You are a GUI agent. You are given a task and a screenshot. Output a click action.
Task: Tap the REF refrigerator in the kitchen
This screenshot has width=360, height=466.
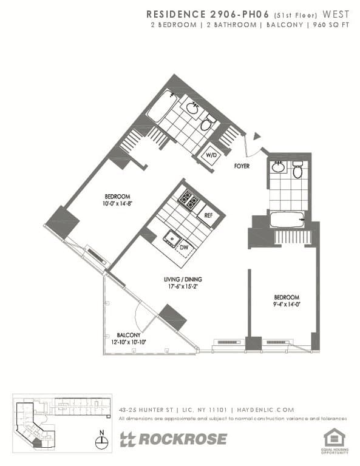208,215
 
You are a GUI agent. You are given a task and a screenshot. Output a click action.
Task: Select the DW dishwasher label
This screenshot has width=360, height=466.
183,247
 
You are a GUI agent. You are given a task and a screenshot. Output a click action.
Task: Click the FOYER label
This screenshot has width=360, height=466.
243,164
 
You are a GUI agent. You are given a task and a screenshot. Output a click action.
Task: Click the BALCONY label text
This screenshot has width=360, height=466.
129,335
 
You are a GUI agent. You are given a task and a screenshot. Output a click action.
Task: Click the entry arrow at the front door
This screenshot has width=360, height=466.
257,136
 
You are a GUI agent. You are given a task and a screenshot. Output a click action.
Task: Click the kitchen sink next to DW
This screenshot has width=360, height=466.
173,238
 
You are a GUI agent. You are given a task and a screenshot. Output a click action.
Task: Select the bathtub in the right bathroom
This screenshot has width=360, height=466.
287,219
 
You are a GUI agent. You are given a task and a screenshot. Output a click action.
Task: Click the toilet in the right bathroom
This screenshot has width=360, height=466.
297,172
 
